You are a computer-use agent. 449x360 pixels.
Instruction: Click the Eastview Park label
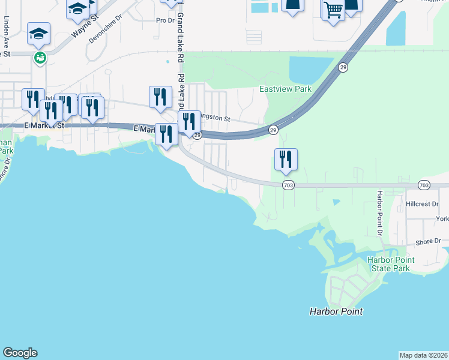(285, 89)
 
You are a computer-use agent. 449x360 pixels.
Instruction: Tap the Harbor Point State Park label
(389, 264)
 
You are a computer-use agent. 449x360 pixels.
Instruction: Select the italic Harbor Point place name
(336, 311)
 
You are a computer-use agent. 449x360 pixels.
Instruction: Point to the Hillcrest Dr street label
(423, 204)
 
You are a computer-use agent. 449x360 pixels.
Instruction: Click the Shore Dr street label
(428, 241)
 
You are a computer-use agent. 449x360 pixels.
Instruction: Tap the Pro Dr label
(165, 20)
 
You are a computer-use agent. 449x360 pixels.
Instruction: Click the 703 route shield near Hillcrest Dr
(424, 185)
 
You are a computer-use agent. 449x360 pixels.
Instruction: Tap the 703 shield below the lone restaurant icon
(288, 185)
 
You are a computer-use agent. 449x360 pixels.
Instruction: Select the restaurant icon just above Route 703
(286, 159)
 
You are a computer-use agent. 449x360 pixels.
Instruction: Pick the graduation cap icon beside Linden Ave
(38, 34)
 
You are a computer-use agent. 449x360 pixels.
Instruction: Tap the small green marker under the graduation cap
(40, 58)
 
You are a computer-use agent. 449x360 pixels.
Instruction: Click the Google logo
(20, 353)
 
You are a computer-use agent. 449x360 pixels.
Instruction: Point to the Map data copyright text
(423, 355)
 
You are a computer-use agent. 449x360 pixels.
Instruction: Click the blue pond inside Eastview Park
(310, 70)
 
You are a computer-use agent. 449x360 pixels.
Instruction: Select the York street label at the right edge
(442, 219)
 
